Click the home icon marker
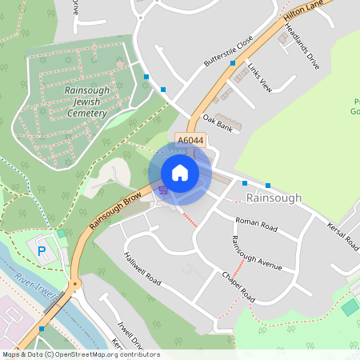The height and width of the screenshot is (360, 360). click(180, 173)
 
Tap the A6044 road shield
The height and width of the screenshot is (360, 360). click(191, 141)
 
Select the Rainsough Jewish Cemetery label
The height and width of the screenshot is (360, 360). click(86, 102)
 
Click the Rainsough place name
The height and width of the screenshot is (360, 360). click(274, 198)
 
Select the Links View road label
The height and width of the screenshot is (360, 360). click(259, 77)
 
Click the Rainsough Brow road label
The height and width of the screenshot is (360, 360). click(115, 210)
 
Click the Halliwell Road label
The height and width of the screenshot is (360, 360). click(142, 270)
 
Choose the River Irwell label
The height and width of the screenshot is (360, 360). click(35, 290)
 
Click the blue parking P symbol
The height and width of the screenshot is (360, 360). click(42, 251)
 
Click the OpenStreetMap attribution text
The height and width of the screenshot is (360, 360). click(80, 354)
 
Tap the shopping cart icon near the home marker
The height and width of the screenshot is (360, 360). click(162, 190)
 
